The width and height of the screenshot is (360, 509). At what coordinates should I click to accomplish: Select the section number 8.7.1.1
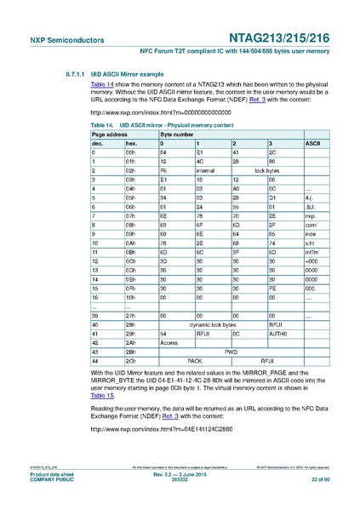(x=66, y=73)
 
